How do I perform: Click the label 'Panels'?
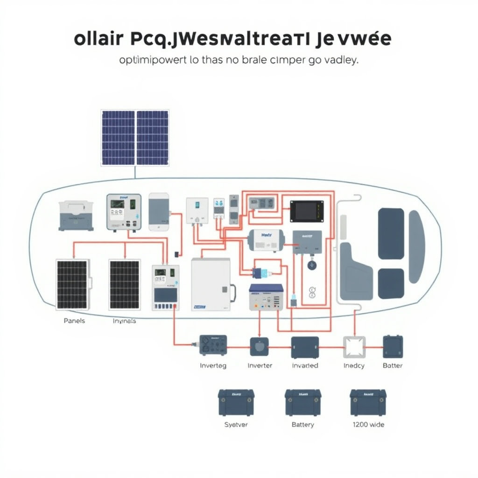(x=74, y=321)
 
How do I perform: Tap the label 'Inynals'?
(x=124, y=321)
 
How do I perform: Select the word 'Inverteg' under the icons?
(x=213, y=366)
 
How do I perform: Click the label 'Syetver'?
(x=236, y=425)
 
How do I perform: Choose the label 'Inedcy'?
(x=353, y=366)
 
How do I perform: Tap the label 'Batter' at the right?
(x=393, y=366)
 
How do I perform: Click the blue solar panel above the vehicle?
(x=135, y=138)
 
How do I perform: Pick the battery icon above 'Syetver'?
(x=236, y=403)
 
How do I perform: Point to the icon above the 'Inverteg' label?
(x=213, y=346)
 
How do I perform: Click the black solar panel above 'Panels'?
(x=72, y=284)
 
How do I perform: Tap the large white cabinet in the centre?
(x=211, y=285)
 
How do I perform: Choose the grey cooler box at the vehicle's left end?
(x=76, y=215)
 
